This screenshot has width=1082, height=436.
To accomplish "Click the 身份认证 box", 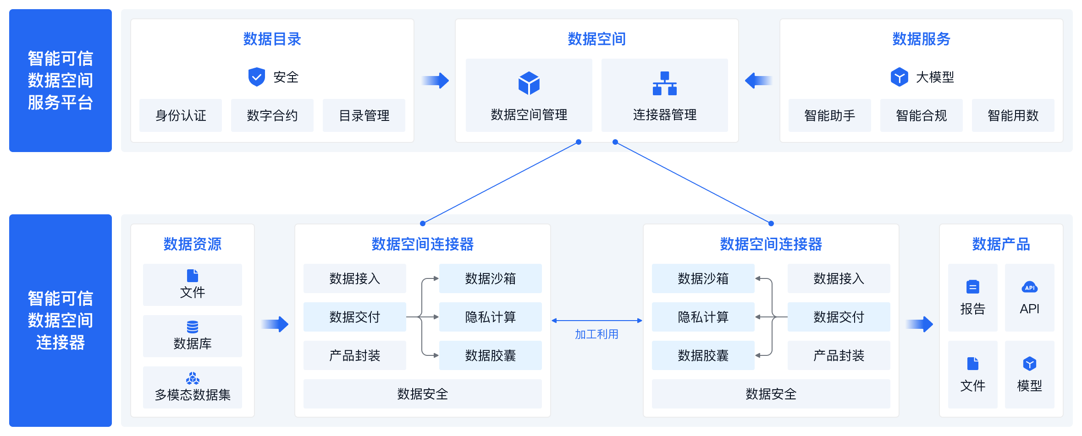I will coord(181,115).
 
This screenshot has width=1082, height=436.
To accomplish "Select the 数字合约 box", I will coord(272,115).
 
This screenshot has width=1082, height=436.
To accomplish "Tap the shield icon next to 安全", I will coord(257,77).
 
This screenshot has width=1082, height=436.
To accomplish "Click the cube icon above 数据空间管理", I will coord(529,83).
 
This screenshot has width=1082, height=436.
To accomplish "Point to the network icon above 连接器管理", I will coord(664,83).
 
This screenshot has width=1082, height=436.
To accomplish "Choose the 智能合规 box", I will coord(921,115).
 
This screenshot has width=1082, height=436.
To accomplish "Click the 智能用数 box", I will coord(1013,115).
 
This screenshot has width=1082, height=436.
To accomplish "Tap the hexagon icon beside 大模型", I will coord(899,77).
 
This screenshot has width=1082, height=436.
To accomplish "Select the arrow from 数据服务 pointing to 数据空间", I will coord(759,81).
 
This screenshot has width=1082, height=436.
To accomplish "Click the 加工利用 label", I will coord(596,334).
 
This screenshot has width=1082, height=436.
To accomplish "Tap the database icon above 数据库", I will coord(193,327).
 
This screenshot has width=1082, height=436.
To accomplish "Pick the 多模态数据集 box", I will coord(193,387).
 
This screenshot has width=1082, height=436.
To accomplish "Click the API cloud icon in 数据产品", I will coord(1029,287).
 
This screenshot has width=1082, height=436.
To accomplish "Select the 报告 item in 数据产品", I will coord(972,298).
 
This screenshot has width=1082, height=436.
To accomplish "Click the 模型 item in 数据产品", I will coord(1029,375).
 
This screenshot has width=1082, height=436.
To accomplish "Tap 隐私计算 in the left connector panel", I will coord(490,317).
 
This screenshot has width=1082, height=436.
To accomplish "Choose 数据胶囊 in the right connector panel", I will coord(703,355).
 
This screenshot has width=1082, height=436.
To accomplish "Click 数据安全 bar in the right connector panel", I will coord(771,394).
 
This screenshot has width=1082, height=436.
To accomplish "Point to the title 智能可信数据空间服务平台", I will coord(61,81).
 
